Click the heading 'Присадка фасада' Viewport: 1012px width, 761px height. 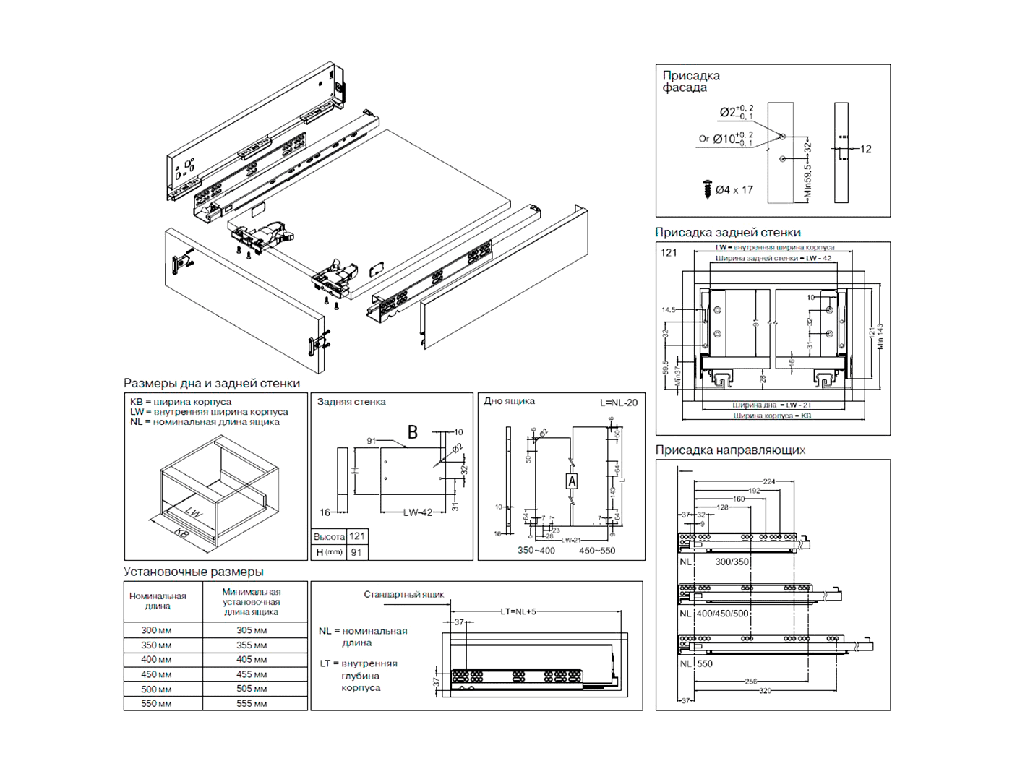point(690,81)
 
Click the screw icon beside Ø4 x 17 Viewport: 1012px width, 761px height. point(707,189)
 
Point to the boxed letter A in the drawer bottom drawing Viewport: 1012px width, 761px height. point(572,481)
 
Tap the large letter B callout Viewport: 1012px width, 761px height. point(413,432)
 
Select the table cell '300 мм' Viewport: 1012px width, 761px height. point(156,630)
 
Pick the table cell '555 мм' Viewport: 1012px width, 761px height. point(252,703)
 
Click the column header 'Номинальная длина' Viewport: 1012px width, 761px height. point(158,601)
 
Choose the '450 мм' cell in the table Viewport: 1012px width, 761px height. point(156,674)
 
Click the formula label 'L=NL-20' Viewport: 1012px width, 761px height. point(619,403)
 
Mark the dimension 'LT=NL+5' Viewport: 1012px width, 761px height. point(519,611)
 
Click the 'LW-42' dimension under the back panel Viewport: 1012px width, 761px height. point(418,512)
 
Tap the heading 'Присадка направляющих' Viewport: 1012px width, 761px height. point(730,450)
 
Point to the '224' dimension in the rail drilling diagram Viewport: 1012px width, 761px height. point(769,481)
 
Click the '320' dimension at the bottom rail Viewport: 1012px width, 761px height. point(765,691)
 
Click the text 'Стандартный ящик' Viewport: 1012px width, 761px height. point(403,595)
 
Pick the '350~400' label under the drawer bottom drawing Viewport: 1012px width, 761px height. point(536,551)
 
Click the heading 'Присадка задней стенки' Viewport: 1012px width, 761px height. point(727,233)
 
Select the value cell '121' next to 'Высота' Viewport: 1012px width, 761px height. point(357,536)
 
